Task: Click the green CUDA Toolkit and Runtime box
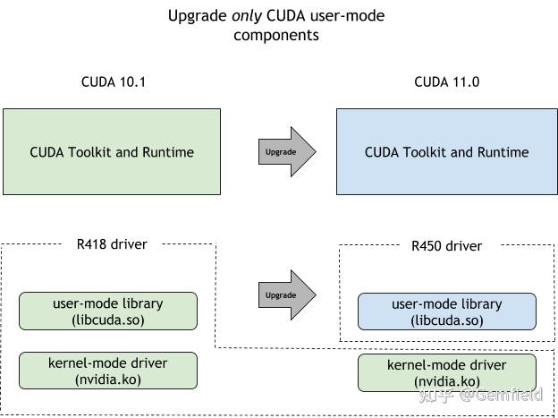pyautogui.click(x=112, y=151)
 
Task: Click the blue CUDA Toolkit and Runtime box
pyautogui.click(x=446, y=151)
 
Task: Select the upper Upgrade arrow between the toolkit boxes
pyautogui.click(x=286, y=151)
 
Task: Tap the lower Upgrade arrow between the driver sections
pyautogui.click(x=286, y=294)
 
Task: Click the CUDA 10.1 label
pyautogui.click(x=113, y=82)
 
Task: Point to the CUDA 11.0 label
pyautogui.click(x=446, y=82)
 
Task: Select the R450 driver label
pyautogui.click(x=446, y=245)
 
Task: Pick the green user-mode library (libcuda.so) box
pyautogui.click(x=108, y=311)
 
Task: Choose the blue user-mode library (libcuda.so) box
pyautogui.click(x=446, y=311)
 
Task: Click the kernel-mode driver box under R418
pyautogui.click(x=108, y=371)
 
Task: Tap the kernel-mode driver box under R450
pyautogui.click(x=446, y=372)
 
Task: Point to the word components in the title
pyautogui.click(x=276, y=35)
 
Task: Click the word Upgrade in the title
pyautogui.click(x=199, y=16)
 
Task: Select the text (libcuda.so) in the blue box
pyautogui.click(x=446, y=320)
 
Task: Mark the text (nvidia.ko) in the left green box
pyautogui.click(x=108, y=380)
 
